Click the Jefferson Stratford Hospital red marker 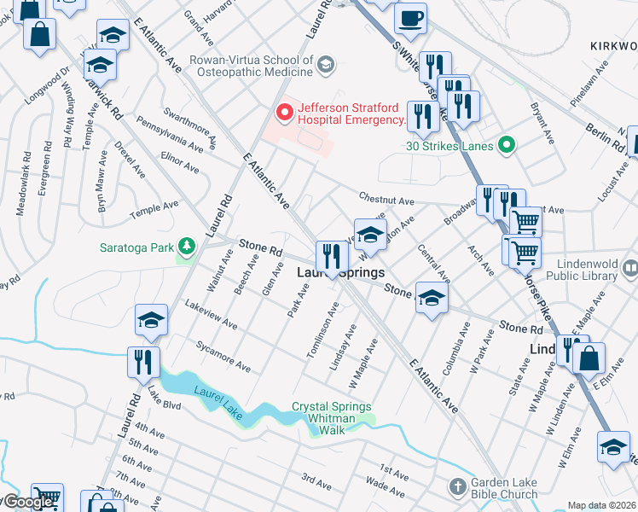[x=285, y=112]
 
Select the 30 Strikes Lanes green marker [x=507, y=145]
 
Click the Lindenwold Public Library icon [x=630, y=270]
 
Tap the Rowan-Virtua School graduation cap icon [x=325, y=65]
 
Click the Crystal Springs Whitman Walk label [x=333, y=418]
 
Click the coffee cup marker [x=410, y=20]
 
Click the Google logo [x=27, y=502]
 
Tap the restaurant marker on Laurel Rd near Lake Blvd [x=143, y=362]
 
